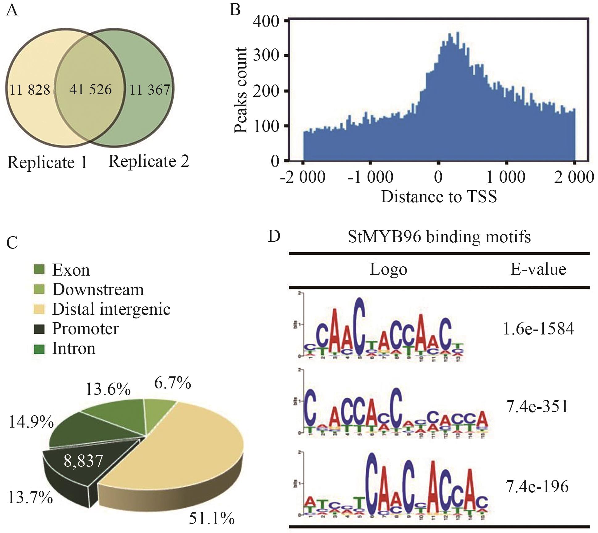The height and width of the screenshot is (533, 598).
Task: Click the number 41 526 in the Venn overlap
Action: (90, 89)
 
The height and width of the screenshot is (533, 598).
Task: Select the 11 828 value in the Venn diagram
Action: (30, 90)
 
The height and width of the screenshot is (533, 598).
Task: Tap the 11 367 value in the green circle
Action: (150, 90)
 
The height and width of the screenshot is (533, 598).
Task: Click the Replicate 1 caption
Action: (47, 162)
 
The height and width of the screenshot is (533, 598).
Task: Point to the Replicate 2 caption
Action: (149, 161)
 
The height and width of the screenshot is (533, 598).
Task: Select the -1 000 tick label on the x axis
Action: (370, 177)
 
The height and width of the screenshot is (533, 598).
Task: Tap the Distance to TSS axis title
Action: (439, 196)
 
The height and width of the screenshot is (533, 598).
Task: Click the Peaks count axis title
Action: (240, 90)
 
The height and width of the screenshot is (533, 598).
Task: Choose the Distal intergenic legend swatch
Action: (39, 309)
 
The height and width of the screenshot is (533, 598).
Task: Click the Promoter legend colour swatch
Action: (39, 329)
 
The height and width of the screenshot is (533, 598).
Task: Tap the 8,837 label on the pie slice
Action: (83, 461)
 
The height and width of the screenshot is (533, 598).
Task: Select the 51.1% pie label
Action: (212, 518)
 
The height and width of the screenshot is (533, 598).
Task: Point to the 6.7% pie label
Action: (172, 383)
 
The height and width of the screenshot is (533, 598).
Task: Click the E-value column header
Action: (538, 269)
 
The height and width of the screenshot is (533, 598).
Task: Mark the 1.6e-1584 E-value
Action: (538, 329)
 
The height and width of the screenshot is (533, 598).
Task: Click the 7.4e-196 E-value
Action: (537, 487)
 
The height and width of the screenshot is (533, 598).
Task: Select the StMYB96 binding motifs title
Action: (439, 237)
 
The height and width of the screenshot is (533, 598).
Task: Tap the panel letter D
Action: (274, 236)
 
